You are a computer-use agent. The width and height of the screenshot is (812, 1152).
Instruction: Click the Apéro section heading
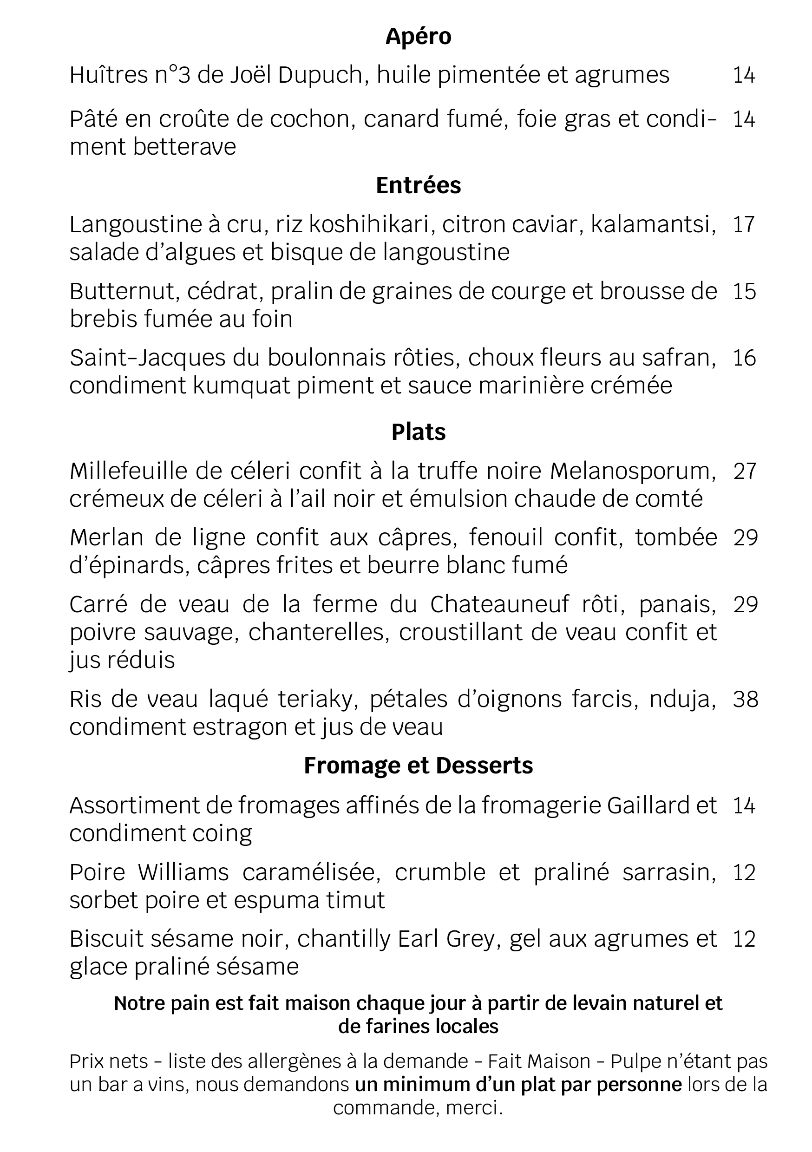(x=418, y=37)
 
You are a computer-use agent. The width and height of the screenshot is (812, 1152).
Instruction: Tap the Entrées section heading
(x=418, y=186)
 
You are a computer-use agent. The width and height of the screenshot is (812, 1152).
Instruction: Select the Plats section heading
(x=418, y=432)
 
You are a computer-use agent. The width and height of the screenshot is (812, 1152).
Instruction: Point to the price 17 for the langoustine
(x=744, y=225)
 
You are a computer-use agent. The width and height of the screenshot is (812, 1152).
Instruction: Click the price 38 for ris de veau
(x=745, y=700)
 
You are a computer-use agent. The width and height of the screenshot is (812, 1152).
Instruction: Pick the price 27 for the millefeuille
(x=745, y=471)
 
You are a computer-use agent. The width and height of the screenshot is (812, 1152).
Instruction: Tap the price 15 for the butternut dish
(x=744, y=292)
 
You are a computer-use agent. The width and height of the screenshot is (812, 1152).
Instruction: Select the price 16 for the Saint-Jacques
(x=744, y=358)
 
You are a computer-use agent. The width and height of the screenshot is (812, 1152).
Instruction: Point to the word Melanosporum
(x=633, y=471)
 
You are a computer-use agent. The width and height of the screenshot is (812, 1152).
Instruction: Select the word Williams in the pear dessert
(x=183, y=872)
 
